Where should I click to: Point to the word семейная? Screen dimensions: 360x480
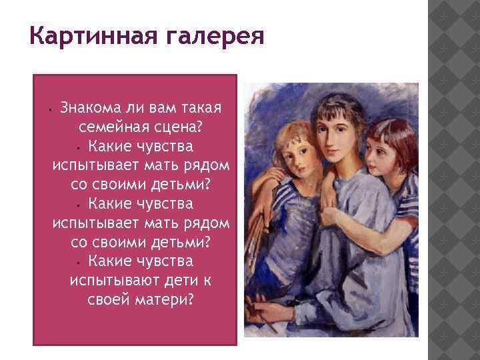coord(110,127)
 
